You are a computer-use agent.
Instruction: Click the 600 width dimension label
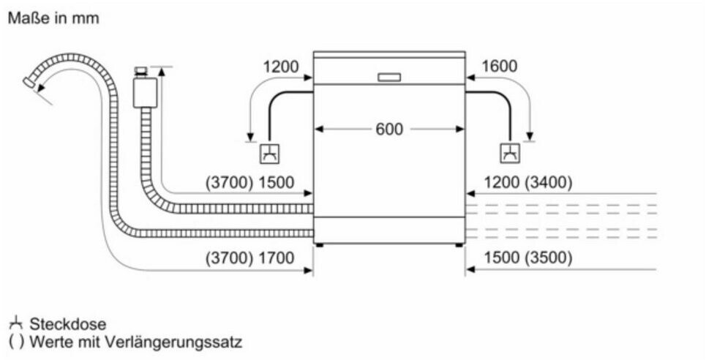[x=389, y=130]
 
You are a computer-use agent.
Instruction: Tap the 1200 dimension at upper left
[x=281, y=67]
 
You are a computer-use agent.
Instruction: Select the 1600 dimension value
[x=499, y=67]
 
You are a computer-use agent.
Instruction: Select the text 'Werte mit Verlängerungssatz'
[x=135, y=342]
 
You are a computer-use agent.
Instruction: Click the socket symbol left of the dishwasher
[x=269, y=153]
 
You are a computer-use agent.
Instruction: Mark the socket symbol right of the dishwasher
[x=508, y=153]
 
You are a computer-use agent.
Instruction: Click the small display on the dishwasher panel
[x=389, y=77]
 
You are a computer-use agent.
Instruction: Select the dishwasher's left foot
[x=318, y=244]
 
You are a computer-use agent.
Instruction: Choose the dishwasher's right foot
[x=461, y=244]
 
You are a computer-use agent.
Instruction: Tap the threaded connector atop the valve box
[x=142, y=72]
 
